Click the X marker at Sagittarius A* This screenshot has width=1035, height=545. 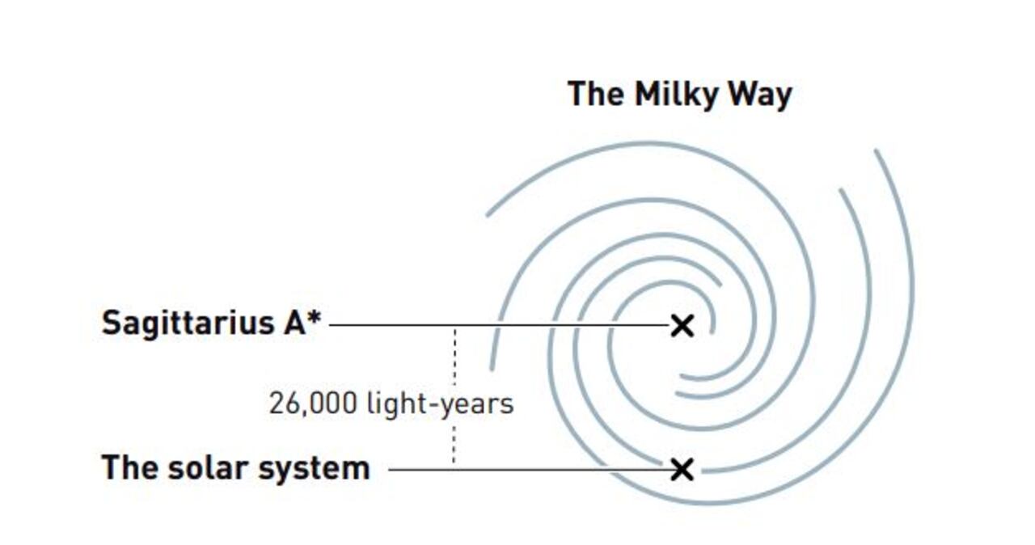tap(682, 326)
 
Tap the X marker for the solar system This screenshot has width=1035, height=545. tap(682, 470)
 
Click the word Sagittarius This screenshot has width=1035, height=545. tap(186, 324)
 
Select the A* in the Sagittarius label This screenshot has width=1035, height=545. tap(302, 322)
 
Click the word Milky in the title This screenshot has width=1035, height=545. tap(677, 95)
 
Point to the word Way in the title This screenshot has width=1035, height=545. tap(760, 95)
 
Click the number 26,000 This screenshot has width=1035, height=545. tap(313, 403)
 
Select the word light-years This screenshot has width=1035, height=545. tap(441, 404)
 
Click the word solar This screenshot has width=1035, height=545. tap(208, 468)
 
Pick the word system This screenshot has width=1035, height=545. tap(315, 470)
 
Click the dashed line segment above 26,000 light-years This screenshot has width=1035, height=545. tap(455, 356)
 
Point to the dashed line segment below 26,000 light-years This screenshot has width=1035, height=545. tap(454, 444)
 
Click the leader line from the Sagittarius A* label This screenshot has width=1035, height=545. tap(500, 325)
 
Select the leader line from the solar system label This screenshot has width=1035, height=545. tap(530, 470)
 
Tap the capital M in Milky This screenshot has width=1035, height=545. tap(646, 94)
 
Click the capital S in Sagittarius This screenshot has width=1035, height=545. tap(112, 323)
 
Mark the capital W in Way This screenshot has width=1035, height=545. tap(745, 94)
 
